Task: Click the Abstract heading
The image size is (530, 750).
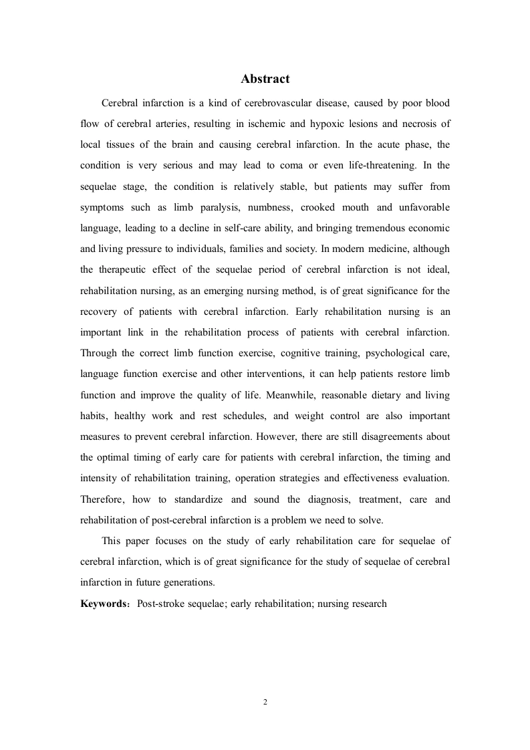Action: pos(265,79)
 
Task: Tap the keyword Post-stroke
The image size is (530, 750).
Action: pos(161,604)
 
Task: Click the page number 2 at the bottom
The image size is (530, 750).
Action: pos(265,702)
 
